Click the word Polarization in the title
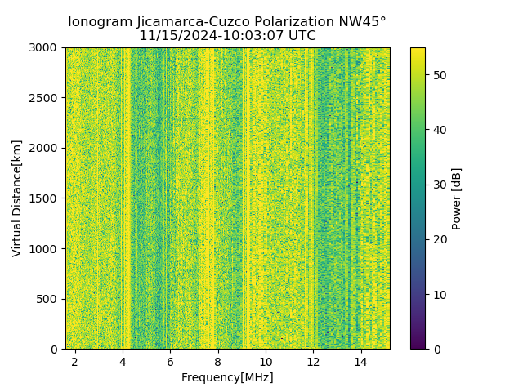[294, 22]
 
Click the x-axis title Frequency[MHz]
[227, 377]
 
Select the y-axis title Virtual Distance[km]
[17, 198]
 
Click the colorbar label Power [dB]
[457, 198]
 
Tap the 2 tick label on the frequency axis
[74, 361]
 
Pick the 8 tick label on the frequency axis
[217, 361]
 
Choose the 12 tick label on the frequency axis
[313, 361]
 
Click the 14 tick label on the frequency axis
[360, 361]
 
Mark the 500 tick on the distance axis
[49, 299]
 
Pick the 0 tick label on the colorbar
[434, 349]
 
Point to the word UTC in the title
[302, 36]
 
